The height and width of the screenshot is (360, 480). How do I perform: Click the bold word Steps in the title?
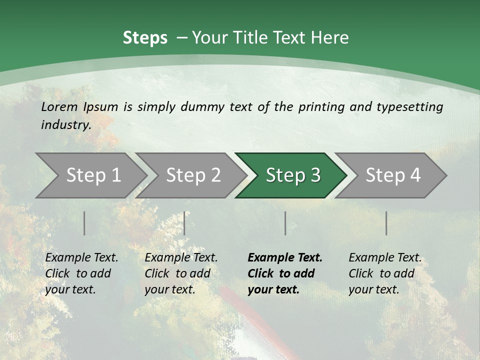tap(145, 38)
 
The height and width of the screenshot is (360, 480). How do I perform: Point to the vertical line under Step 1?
tap(84, 223)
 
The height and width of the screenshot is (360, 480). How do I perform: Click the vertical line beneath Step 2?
tap(184, 223)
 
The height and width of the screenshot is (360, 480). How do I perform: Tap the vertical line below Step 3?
tap(285, 223)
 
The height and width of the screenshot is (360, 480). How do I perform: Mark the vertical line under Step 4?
tap(386, 223)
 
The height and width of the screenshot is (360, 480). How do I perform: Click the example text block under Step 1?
tap(81, 273)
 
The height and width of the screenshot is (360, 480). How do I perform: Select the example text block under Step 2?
tap(181, 273)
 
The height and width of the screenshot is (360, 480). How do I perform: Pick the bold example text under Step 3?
tap(285, 273)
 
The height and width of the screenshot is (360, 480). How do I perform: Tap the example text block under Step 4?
tap(385, 273)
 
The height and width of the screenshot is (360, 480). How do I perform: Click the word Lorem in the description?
tap(59, 106)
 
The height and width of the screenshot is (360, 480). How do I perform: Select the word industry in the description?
tap(66, 124)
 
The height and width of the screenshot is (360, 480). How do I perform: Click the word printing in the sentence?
tap(321, 106)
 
